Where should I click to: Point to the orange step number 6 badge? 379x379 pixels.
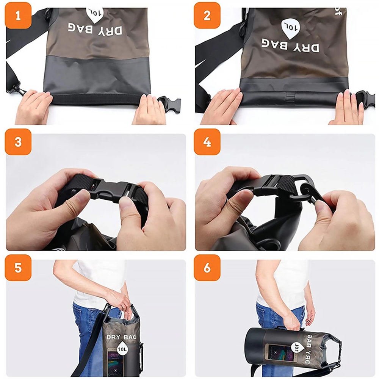207,268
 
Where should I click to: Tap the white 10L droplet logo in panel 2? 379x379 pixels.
290,29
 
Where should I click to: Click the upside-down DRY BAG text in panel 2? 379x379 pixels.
290,45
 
